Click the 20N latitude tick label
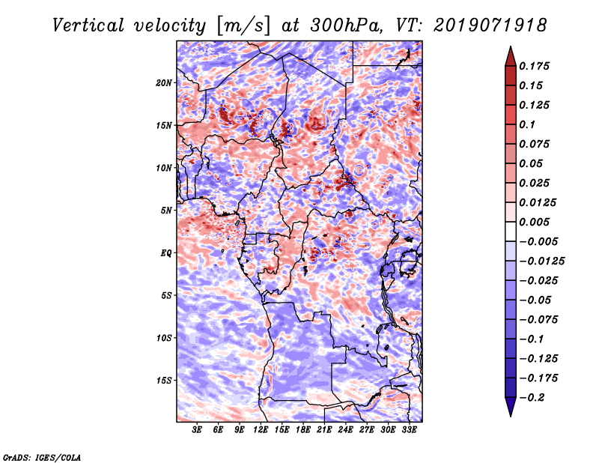click(x=164, y=82)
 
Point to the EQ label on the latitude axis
click(x=166, y=253)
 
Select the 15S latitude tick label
click(x=164, y=381)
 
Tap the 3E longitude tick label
click(x=198, y=431)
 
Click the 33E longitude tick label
click(x=409, y=431)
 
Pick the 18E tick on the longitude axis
click(x=303, y=431)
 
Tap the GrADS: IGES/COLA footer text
click(x=41, y=456)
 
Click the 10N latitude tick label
click(x=164, y=168)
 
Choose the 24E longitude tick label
click(x=345, y=431)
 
